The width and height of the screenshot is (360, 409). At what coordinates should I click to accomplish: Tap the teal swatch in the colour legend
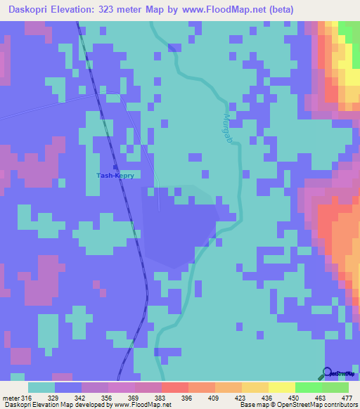point(41,388)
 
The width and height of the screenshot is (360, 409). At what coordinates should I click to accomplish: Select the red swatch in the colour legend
point(175,388)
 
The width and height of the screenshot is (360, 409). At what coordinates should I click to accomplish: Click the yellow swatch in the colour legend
point(281,388)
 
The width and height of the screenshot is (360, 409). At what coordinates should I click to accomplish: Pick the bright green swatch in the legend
point(308,388)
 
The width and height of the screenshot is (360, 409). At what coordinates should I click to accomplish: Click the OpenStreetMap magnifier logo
point(328,372)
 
